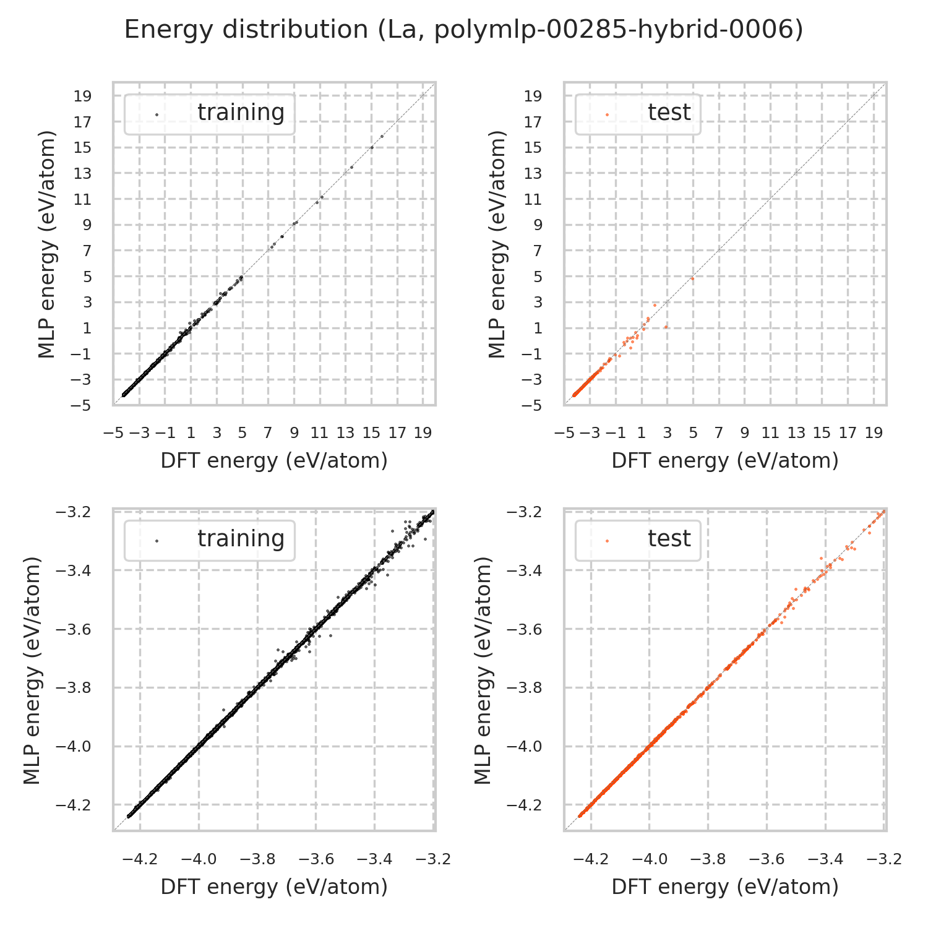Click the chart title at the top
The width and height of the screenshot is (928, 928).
point(464,30)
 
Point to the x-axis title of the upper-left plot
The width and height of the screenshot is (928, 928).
point(274,461)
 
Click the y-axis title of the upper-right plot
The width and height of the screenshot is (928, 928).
point(497,244)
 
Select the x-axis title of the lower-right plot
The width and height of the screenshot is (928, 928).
point(725,887)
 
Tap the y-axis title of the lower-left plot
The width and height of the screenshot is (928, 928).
point(33,670)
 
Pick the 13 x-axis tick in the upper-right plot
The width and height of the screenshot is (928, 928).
point(796,432)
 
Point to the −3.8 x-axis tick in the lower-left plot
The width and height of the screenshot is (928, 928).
point(257,859)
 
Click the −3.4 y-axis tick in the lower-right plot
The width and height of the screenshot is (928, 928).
point(524,570)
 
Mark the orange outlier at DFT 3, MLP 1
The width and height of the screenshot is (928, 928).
point(666,327)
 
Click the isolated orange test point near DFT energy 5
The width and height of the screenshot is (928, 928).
point(692,278)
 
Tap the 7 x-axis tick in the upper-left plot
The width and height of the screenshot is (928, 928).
point(268,432)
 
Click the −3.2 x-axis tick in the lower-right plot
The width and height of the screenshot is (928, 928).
point(885,859)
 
